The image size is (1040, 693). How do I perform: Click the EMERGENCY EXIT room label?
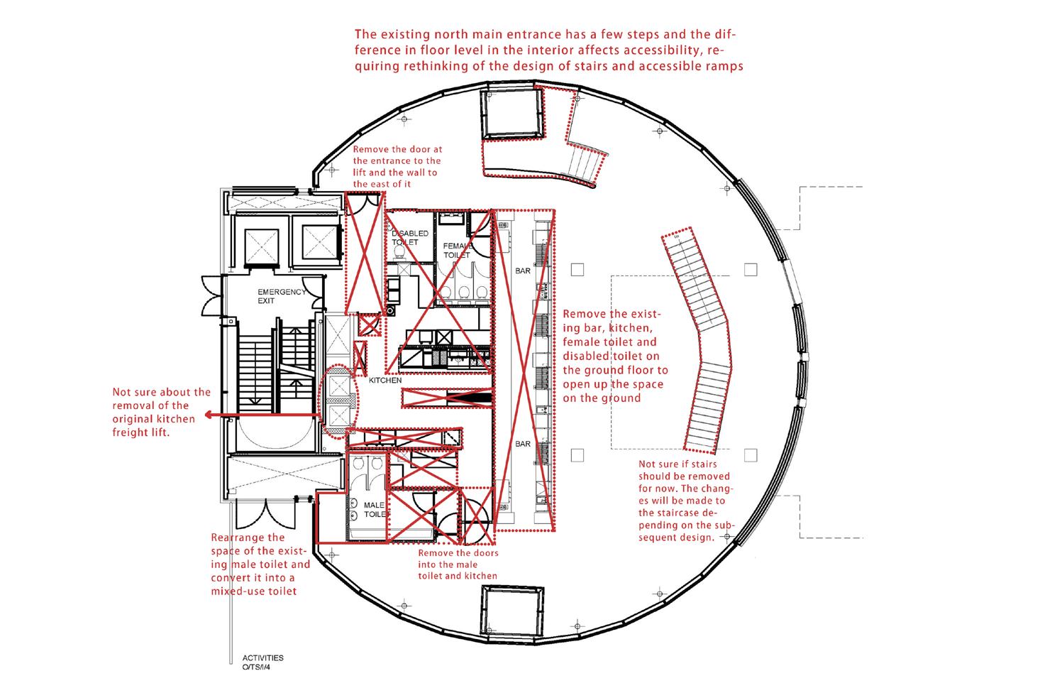click(282, 296)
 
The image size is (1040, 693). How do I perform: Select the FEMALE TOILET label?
click(458, 250)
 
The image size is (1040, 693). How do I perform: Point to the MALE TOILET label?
click(375, 509)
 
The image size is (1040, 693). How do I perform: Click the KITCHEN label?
click(385, 380)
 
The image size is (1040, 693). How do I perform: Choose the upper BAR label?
click(523, 271)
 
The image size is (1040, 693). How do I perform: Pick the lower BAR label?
click(523, 444)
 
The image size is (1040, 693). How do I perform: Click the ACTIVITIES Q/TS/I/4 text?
click(262, 662)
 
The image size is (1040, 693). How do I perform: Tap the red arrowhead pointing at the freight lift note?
click(209, 415)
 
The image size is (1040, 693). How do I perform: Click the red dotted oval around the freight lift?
click(321, 402)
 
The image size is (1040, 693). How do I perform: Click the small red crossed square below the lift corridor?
click(370, 324)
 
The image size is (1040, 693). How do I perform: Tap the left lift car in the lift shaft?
click(261, 246)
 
